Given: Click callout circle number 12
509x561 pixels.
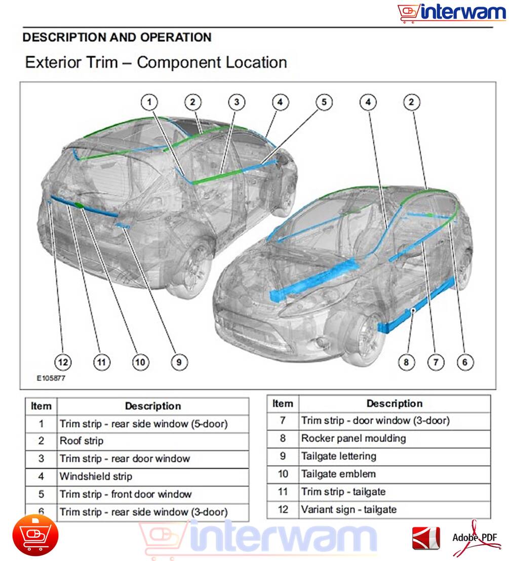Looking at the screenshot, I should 63,362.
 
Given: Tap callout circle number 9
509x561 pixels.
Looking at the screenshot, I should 179,362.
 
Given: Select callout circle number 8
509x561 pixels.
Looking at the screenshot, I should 406,362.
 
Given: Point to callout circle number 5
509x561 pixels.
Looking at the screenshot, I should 324,102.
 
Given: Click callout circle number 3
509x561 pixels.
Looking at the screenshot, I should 237,102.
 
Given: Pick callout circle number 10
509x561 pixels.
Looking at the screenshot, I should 140,362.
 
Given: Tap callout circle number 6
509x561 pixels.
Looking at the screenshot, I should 465,362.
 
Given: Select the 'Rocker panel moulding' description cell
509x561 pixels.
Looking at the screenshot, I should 395,438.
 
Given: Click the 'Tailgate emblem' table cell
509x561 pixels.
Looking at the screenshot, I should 395,474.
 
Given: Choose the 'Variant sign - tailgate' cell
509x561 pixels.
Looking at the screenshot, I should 395,509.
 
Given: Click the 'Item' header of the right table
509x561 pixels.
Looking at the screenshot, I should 283,404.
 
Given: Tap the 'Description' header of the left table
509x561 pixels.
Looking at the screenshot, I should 153,406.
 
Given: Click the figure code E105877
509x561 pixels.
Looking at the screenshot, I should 51,378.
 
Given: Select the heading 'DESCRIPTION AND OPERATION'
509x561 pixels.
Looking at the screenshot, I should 117,38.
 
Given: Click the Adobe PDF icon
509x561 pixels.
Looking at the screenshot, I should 475,537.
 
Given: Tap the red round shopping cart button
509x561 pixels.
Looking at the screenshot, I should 35,535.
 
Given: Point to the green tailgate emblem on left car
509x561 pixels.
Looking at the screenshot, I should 80,205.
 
